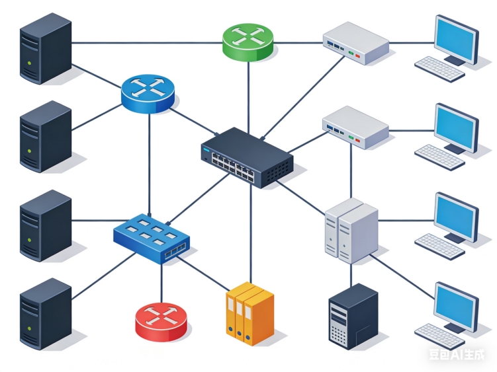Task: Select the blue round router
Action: [x=148, y=92]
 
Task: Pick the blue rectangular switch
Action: [x=153, y=235]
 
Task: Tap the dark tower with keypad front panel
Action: [x=353, y=316]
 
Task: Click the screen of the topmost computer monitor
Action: [x=456, y=38]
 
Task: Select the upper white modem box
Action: [x=355, y=42]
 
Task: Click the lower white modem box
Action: [x=355, y=126]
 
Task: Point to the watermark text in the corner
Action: [x=457, y=355]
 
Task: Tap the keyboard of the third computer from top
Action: [x=439, y=246]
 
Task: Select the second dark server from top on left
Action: [x=44, y=136]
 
